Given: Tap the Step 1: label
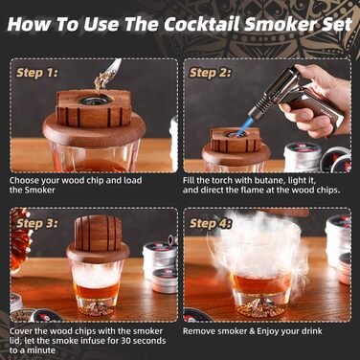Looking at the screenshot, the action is coord(37,73).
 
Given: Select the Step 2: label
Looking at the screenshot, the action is coord(210,73).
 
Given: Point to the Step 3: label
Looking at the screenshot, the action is coord(37,223).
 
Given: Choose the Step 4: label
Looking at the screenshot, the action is coord(210,223).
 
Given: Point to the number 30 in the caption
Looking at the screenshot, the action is coord(126,341).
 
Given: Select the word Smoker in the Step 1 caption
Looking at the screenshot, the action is coord(40,190).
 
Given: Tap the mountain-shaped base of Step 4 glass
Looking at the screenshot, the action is coord(261,303).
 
